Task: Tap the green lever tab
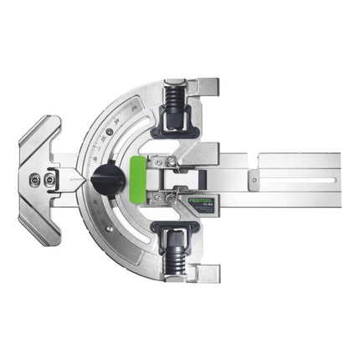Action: pos(142,177)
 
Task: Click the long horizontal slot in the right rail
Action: pos(301,177)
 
